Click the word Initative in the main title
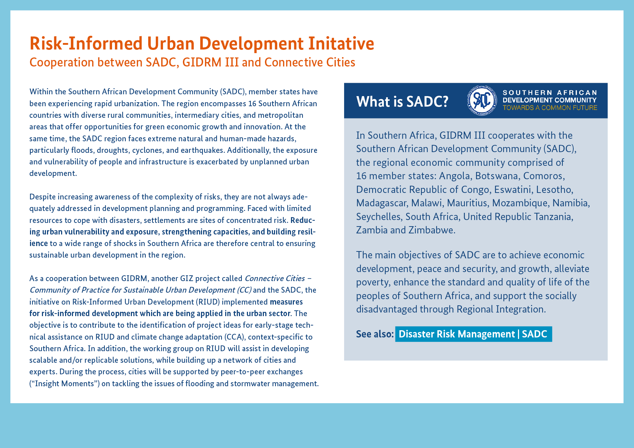[341, 43]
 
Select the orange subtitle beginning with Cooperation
[192, 62]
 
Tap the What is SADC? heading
[402, 102]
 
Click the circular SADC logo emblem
[482, 100]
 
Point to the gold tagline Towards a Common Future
[550, 108]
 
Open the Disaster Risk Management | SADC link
[474, 334]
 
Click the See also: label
[375, 334]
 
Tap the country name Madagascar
[382, 203]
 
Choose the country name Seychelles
[379, 217]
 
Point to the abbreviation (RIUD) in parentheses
[207, 302]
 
